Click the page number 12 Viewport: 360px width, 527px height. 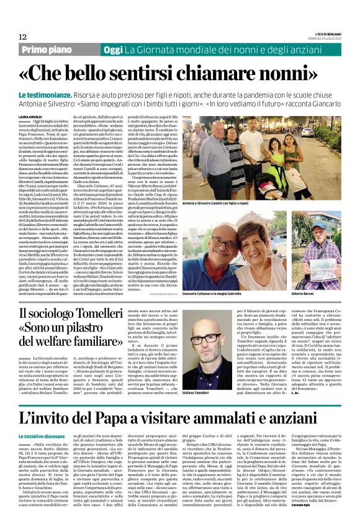[x=22, y=37]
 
